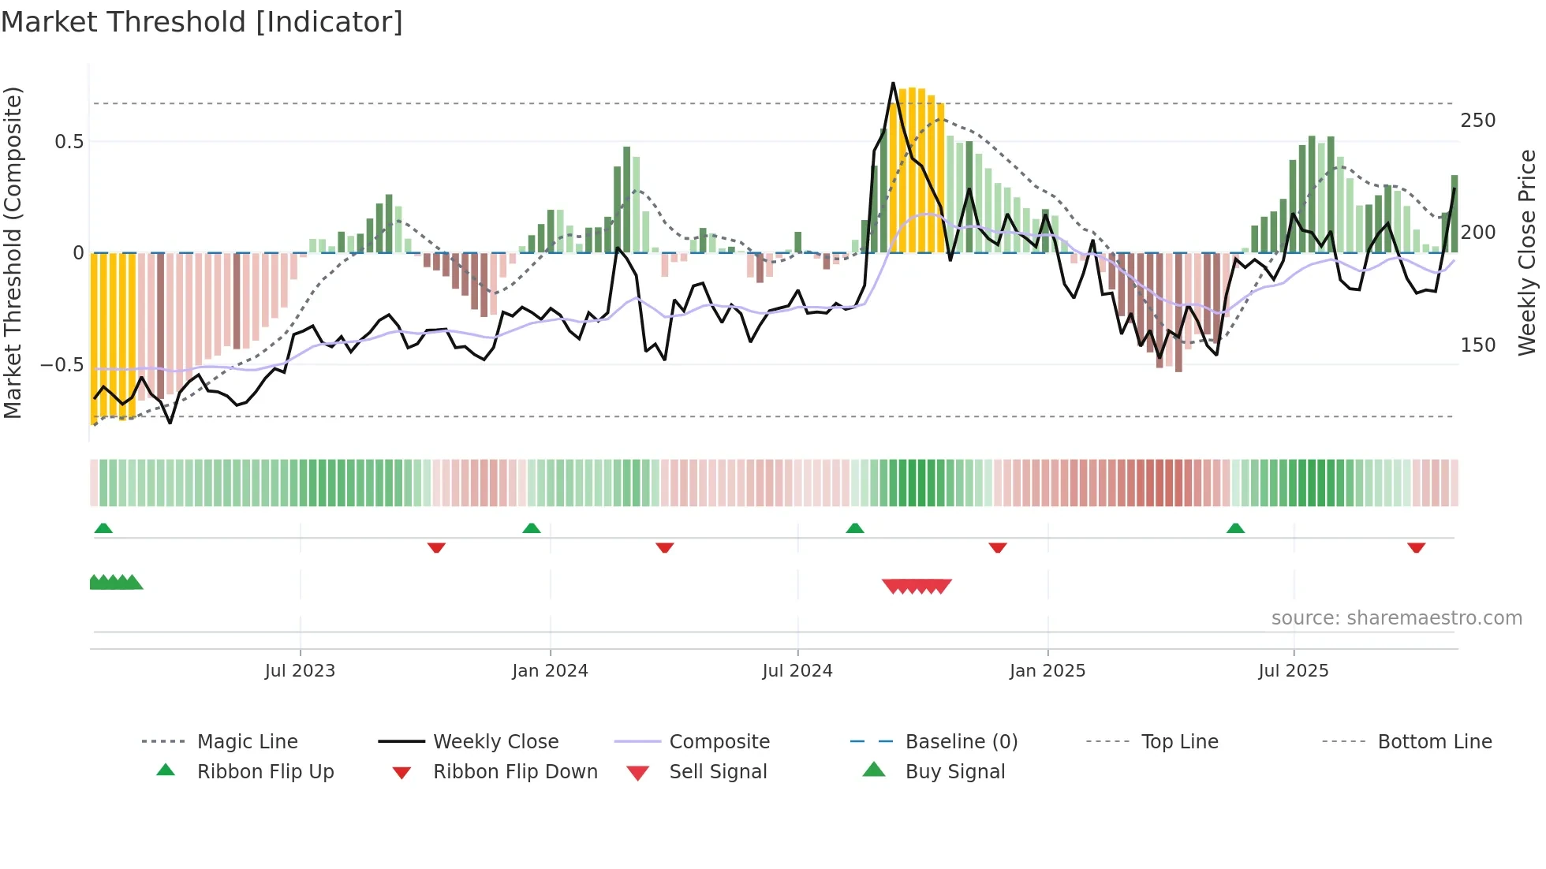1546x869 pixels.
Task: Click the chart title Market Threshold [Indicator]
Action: [x=202, y=22]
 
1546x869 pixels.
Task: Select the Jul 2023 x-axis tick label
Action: [x=300, y=671]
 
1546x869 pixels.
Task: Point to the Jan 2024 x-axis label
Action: [x=550, y=671]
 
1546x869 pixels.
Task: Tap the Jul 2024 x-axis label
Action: [x=797, y=671]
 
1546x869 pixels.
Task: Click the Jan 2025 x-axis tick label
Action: [x=1047, y=671]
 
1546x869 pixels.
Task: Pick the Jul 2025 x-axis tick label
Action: [x=1294, y=671]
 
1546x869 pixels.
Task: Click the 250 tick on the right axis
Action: [x=1477, y=121]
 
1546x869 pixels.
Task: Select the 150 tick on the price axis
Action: [x=1477, y=345]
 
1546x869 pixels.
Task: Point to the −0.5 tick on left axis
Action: [x=62, y=365]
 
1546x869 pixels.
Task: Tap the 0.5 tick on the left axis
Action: [x=69, y=142]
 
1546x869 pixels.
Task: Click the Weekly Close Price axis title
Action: [x=1527, y=252]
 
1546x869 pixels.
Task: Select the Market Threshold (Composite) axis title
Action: [x=13, y=252]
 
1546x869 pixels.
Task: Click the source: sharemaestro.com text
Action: [x=1396, y=618]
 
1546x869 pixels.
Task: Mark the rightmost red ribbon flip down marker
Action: [x=1416, y=547]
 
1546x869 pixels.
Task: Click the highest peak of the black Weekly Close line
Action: [x=893, y=83]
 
